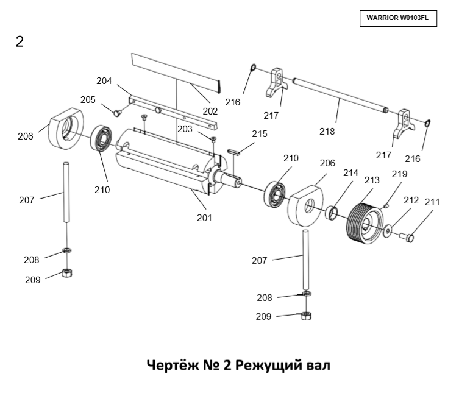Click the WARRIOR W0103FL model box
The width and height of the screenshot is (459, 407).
(x=397, y=18)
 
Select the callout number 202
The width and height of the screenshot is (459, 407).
(x=210, y=111)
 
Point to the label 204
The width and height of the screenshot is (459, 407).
(x=104, y=80)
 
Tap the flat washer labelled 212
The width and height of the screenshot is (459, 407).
(x=388, y=231)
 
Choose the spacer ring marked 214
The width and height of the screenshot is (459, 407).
(x=332, y=213)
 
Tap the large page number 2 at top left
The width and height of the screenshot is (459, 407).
(x=20, y=42)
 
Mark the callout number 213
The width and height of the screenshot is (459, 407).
(x=371, y=180)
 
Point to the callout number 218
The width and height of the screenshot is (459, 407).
(x=327, y=130)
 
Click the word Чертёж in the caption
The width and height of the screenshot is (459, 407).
(x=173, y=366)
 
